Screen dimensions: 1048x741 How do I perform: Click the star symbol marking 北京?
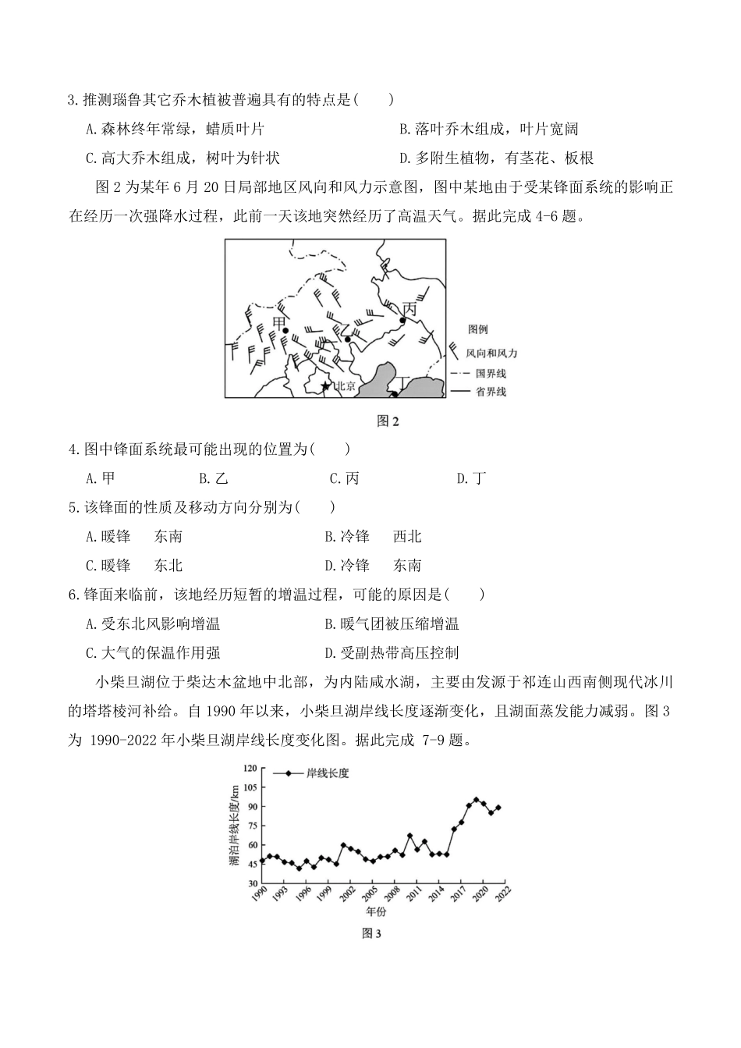(325, 385)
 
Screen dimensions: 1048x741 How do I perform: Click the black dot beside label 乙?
(348, 339)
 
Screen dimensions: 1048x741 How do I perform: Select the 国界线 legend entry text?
(491, 374)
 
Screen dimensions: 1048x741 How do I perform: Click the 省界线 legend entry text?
(491, 391)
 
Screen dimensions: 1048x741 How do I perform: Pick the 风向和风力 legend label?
(491, 353)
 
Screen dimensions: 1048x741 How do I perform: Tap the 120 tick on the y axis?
(250, 769)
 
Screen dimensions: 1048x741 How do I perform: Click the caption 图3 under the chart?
(370, 933)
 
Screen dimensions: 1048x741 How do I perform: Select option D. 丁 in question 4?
(471, 478)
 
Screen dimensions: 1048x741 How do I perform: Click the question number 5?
(73, 507)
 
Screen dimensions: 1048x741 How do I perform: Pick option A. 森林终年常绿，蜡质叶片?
(175, 130)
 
